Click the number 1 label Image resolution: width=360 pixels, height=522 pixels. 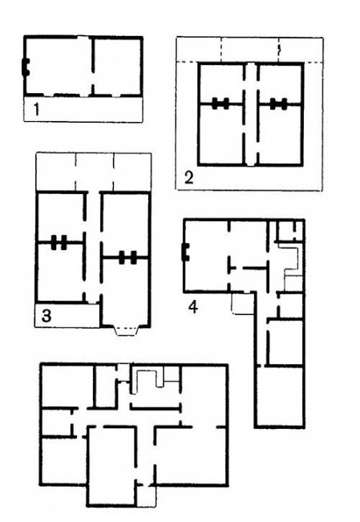tap(37, 110)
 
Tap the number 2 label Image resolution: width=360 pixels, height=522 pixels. tap(188, 178)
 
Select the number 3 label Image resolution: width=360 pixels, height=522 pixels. tap(47, 316)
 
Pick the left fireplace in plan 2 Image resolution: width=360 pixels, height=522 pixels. tap(220, 104)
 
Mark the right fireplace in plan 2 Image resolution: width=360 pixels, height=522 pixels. tap(279, 104)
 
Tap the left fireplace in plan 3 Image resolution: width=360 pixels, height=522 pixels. tap(59, 242)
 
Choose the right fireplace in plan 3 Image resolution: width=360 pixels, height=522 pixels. tap(127, 257)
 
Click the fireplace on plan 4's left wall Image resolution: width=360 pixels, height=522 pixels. tap(185, 252)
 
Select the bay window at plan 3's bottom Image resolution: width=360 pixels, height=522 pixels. tap(126, 331)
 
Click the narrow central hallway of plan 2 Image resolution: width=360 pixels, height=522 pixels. tap(252, 114)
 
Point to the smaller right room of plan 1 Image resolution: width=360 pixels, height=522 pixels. tap(117, 67)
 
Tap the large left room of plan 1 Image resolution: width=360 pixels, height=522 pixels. tap(59, 67)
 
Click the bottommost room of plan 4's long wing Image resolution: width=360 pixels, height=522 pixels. tap(280, 396)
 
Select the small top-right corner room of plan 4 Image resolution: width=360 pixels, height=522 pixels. tap(290, 230)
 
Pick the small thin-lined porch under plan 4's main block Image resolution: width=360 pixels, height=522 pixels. tap(242, 304)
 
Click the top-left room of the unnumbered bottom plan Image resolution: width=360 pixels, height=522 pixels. tap(68, 386)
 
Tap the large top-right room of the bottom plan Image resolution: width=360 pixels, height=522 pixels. tap(204, 395)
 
